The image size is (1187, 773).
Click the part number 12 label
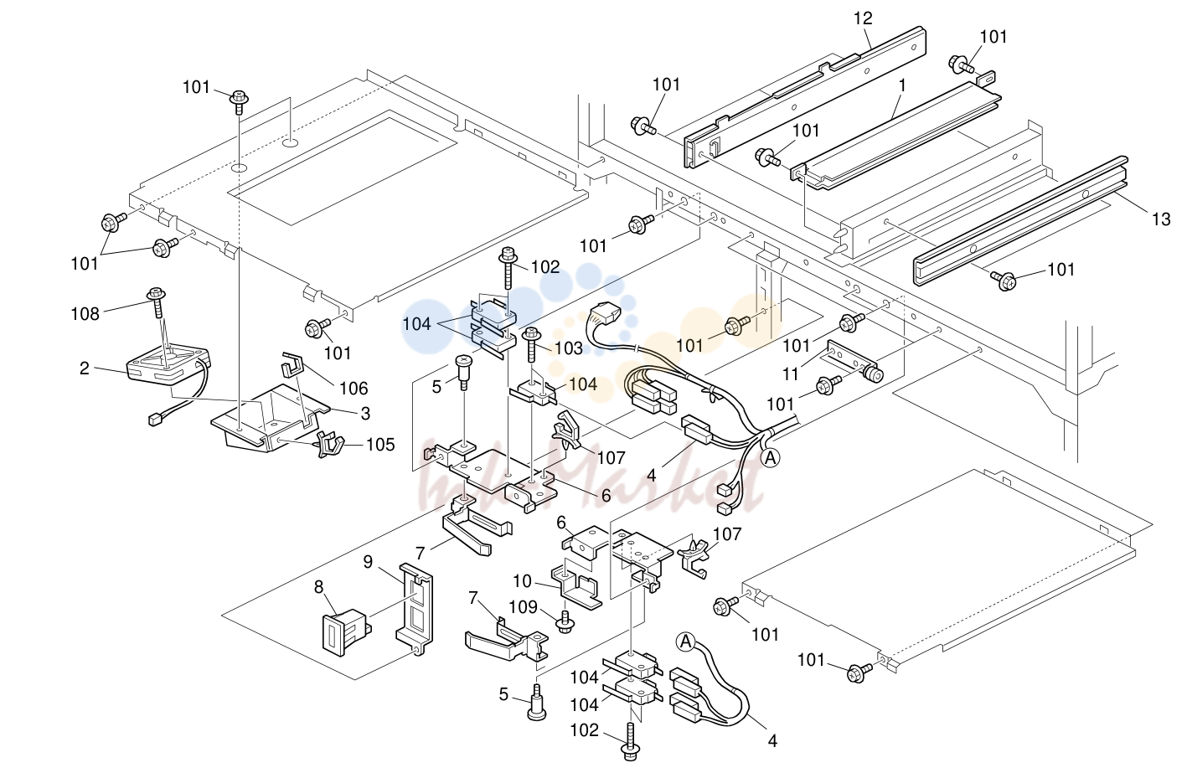point(862,18)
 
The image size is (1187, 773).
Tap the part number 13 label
point(1161,219)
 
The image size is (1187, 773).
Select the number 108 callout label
point(85,314)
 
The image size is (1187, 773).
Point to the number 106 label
point(354,389)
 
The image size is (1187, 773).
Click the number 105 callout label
point(380,445)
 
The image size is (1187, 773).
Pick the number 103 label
point(569,348)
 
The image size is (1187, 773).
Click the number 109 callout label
point(523,606)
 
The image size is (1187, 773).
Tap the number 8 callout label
point(318,587)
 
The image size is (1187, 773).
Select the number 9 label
point(368,562)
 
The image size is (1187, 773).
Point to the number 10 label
point(522,581)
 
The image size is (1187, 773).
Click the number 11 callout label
point(791,374)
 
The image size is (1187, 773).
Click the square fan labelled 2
point(168,366)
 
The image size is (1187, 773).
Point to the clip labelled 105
point(329,444)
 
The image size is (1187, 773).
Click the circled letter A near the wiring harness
point(770,457)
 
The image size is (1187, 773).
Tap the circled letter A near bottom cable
point(686,642)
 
